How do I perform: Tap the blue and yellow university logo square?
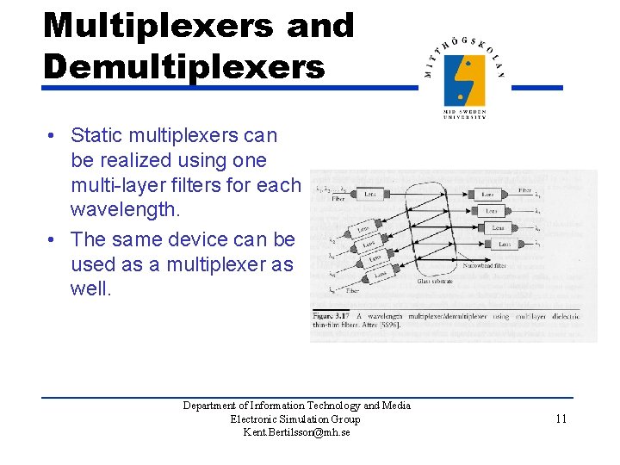pos(464,80)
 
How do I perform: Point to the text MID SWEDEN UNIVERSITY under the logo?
pos(464,115)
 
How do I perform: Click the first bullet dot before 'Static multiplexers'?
pos(53,136)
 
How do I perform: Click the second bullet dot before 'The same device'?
pos(53,239)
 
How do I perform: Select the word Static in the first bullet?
pos(96,135)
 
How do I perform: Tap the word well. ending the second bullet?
pos(91,288)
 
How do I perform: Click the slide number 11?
pos(561,419)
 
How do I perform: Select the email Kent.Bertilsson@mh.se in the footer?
pos(296,432)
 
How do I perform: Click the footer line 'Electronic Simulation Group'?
pos(295,419)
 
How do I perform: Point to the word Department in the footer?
pos(209,406)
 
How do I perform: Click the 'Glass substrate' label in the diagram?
pos(435,281)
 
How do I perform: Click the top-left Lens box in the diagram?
pos(369,195)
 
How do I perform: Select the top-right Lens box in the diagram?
pos(488,195)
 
